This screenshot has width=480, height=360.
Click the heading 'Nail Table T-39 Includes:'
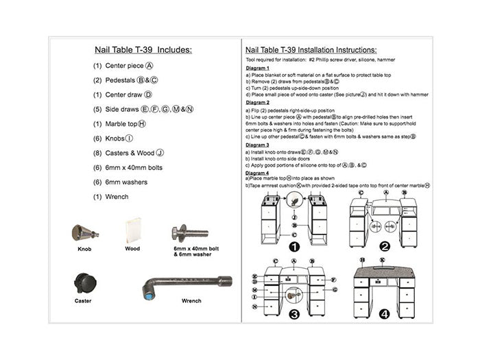(x=143, y=50)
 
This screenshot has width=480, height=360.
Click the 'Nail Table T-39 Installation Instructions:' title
(x=311, y=50)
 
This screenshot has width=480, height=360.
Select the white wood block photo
(x=132, y=231)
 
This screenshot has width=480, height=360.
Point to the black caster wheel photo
(x=83, y=284)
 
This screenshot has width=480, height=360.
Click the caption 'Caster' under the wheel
(x=83, y=300)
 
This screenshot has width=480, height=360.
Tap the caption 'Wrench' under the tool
(x=191, y=300)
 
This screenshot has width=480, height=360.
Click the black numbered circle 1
(x=295, y=246)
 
